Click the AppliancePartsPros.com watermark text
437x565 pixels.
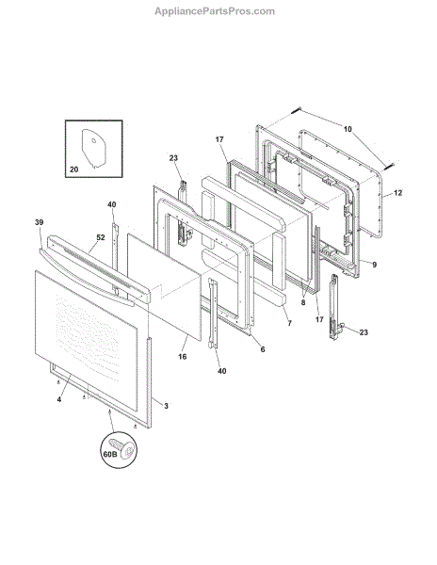(215, 11)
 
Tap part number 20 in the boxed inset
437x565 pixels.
(73, 169)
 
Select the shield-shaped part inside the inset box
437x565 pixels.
(94, 149)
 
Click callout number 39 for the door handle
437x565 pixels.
(39, 222)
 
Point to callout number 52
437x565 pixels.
(101, 237)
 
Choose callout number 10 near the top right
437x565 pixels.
(348, 129)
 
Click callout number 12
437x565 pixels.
(397, 193)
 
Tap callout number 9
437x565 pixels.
(375, 265)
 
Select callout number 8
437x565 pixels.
(303, 302)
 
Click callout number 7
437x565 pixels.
(290, 323)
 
